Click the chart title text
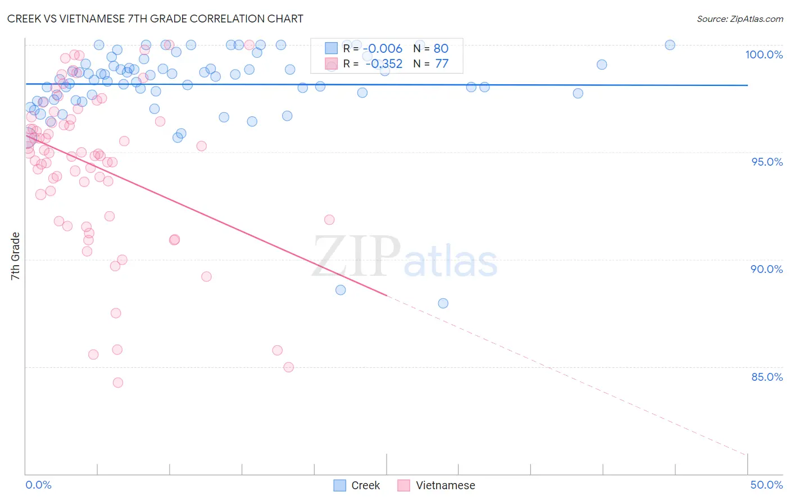coord(155,19)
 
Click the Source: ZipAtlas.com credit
coord(739,19)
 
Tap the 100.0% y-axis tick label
coord(764,54)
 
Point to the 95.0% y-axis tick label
coord(767,162)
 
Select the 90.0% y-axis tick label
coord(766,269)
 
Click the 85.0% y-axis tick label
coord(767,377)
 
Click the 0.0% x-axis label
coord(38,485)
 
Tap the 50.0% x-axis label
coord(766,485)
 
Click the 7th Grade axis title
coord(15,256)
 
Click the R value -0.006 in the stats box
coord(383,48)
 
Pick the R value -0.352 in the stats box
coord(384,64)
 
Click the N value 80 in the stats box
coord(441,48)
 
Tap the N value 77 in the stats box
coord(442,64)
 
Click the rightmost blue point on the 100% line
coord(670,45)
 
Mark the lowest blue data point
coord(443,303)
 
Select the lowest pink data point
coord(118,382)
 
